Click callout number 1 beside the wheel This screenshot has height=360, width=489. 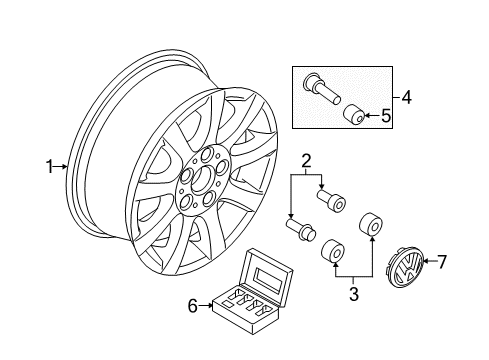[50, 167]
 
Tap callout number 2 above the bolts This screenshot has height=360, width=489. [306, 161]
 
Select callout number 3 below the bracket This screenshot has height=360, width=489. [354, 294]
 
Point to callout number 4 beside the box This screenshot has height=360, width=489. [406, 98]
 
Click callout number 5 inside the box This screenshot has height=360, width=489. [386, 116]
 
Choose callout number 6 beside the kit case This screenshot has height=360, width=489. [193, 305]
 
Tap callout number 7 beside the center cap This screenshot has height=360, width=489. [441, 261]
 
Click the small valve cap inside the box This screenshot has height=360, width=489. [354, 114]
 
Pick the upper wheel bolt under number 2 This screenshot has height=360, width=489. [332, 199]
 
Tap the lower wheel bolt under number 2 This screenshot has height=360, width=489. [301, 229]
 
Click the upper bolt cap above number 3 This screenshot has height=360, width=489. [371, 224]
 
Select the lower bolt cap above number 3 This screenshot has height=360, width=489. [332, 251]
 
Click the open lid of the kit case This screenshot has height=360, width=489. [267, 275]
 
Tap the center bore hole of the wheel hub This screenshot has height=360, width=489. [202, 178]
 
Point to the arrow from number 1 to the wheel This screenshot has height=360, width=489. [61, 167]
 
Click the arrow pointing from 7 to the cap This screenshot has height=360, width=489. [429, 261]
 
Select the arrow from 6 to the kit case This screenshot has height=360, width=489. [206, 305]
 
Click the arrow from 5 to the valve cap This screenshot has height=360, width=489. [372, 116]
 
